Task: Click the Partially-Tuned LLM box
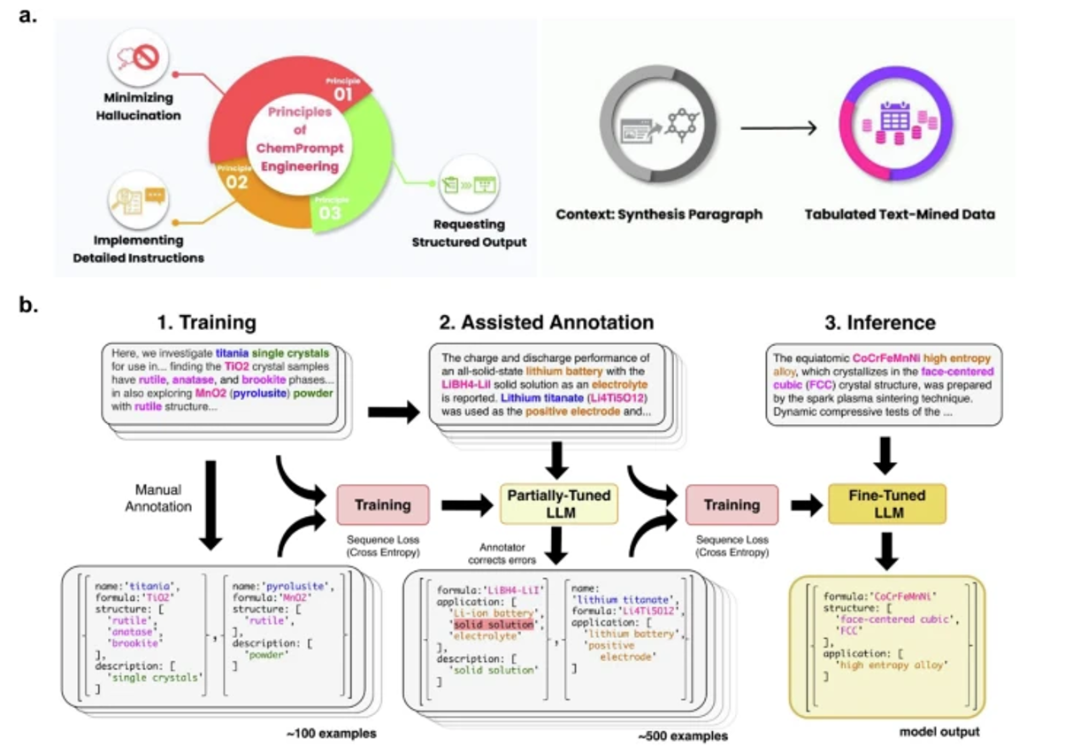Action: [559, 504]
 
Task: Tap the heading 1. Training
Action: [203, 322]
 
